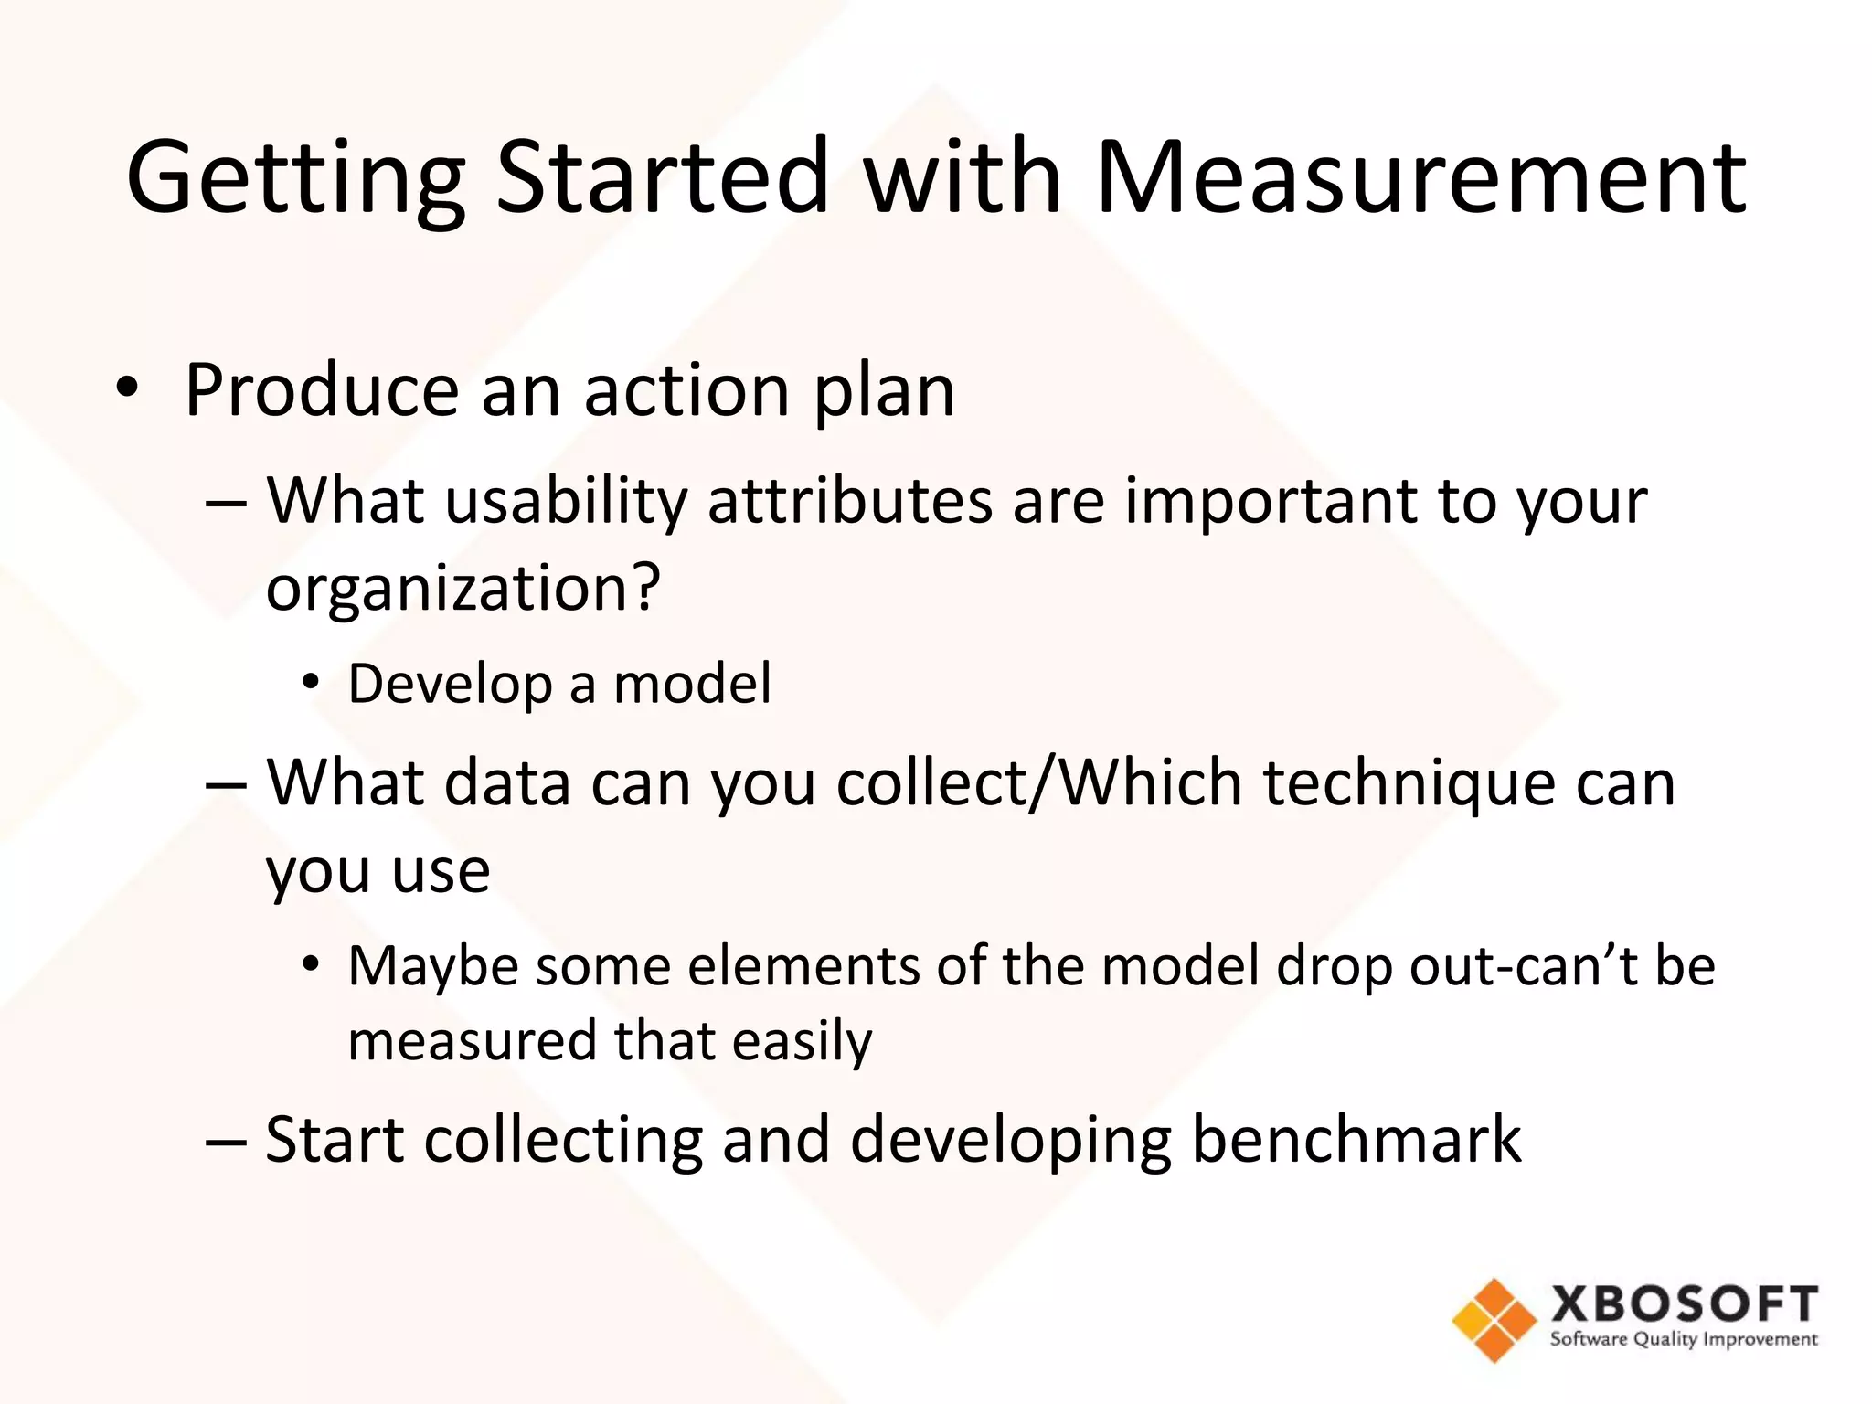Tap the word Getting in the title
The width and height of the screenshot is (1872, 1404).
[295, 179]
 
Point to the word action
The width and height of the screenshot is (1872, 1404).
[686, 391]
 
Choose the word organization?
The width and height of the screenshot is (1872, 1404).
[463, 588]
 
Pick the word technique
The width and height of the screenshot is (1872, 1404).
[1409, 785]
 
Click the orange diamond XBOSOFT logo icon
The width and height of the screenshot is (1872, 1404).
[1494, 1319]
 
